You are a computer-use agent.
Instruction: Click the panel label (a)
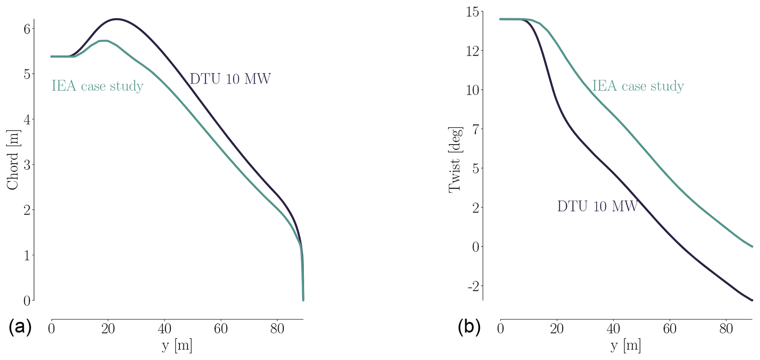tap(20, 327)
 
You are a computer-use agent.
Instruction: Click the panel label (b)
tap(469, 327)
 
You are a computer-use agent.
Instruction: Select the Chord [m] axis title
tap(13, 160)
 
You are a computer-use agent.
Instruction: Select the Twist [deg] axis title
tap(455, 160)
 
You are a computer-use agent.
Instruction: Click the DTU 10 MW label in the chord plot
tap(230, 79)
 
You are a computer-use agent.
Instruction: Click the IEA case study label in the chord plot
tap(97, 86)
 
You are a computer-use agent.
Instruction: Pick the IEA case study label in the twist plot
tap(638, 86)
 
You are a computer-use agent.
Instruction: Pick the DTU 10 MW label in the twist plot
tap(597, 206)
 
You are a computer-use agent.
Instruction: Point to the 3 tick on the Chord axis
tap(27, 165)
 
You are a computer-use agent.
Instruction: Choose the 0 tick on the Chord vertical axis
tap(27, 301)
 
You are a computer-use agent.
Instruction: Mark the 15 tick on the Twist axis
tap(472, 12)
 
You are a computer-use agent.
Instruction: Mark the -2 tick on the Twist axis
tap(474, 286)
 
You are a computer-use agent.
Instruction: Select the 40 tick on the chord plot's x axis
tap(164, 328)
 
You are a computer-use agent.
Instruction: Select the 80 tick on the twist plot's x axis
tap(726, 328)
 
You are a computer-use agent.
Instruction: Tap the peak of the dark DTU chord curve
tap(117, 19)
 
